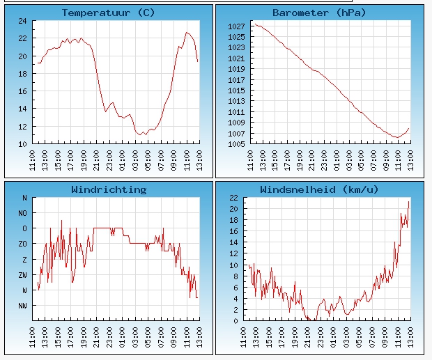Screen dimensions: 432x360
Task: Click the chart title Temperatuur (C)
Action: click(x=108, y=13)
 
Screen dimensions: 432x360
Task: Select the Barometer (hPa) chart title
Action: click(x=319, y=13)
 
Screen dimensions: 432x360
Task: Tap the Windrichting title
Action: click(x=109, y=189)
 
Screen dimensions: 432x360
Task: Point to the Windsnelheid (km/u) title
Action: click(x=319, y=189)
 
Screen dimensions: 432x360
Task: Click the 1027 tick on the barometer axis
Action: click(x=236, y=26)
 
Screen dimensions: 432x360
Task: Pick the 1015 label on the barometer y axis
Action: click(x=236, y=91)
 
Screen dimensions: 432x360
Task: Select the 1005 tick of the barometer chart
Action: click(x=236, y=144)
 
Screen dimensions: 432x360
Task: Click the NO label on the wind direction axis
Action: click(x=22, y=213)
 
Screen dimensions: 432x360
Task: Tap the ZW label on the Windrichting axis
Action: click(x=22, y=275)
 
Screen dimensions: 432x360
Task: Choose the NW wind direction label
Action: click(x=22, y=306)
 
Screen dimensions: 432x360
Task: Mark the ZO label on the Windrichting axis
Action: click(x=22, y=244)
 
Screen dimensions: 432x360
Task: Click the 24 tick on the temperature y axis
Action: click(x=22, y=21)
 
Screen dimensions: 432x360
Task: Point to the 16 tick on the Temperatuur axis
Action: click(x=22, y=91)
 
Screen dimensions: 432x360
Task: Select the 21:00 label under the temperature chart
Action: click(x=96, y=160)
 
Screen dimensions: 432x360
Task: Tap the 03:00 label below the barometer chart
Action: click(x=349, y=160)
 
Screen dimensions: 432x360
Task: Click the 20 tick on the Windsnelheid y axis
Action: click(x=233, y=209)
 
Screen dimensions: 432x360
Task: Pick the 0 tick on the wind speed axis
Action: click(x=236, y=321)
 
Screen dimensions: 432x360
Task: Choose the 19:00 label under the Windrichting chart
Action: click(x=84, y=338)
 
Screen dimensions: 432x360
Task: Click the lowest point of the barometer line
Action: click(x=397, y=137)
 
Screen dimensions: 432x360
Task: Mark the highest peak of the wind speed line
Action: click(x=408, y=201)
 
